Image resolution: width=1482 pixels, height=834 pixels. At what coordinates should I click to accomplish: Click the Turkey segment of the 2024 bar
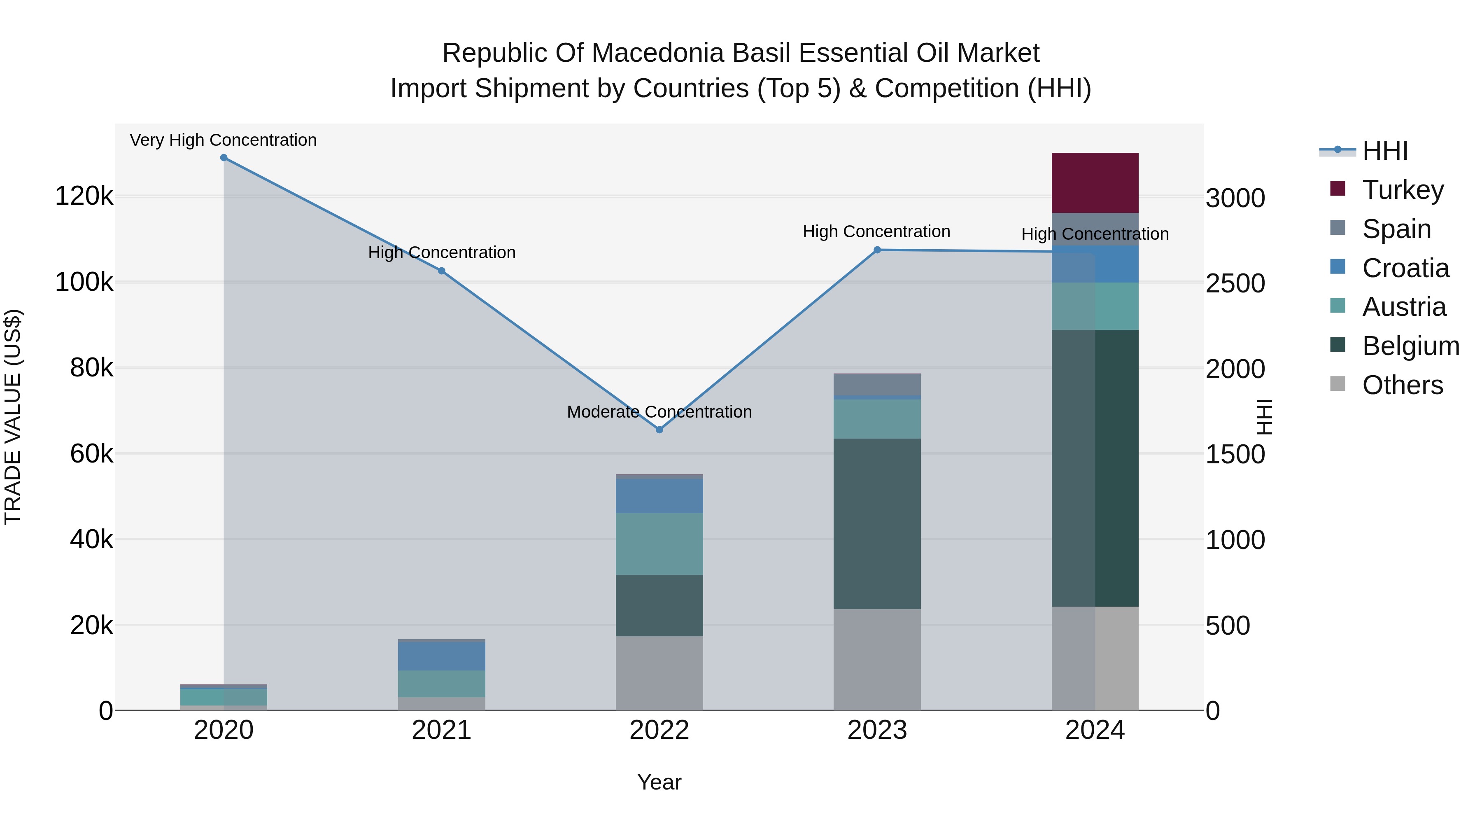point(1095,183)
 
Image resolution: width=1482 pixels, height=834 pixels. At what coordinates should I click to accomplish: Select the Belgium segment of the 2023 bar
point(877,524)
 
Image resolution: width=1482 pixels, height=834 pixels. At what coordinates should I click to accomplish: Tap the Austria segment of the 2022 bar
point(659,544)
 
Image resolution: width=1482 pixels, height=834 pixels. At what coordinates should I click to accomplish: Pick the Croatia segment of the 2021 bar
point(441,656)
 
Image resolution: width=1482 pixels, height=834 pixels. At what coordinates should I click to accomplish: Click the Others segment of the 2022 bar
point(659,673)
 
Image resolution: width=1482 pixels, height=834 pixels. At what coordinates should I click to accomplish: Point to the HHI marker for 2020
point(224,158)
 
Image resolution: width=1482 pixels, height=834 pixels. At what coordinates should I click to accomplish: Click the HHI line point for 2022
point(659,430)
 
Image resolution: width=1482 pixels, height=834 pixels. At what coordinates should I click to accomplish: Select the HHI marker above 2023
point(877,250)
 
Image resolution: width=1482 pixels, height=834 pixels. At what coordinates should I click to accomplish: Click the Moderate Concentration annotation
point(659,412)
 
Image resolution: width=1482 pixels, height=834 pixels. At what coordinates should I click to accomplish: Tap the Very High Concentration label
point(223,140)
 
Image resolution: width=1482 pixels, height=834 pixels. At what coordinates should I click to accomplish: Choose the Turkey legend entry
point(1403,190)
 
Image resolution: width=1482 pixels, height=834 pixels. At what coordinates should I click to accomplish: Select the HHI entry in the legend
point(1385,151)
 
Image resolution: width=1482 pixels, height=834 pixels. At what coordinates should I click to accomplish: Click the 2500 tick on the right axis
point(1235,283)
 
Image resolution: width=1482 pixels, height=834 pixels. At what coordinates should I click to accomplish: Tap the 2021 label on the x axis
point(441,730)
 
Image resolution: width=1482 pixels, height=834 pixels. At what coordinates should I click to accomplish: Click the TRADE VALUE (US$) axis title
point(13,417)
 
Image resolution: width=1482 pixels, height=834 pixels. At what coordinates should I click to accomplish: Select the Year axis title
point(659,782)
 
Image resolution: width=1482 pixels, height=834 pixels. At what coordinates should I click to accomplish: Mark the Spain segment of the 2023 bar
point(877,385)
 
